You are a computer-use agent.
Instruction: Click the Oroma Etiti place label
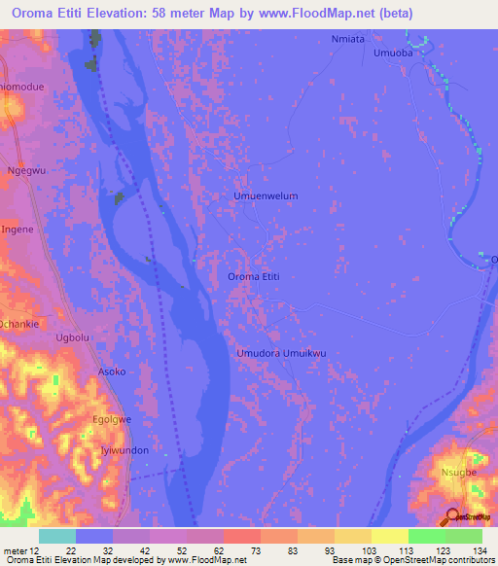(x=254, y=277)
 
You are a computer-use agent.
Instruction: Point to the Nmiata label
(x=347, y=39)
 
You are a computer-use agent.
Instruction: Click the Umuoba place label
(x=394, y=54)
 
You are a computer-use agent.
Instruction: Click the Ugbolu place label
(x=73, y=337)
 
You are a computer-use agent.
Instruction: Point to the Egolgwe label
(x=112, y=421)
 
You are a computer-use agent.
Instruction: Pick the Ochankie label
(x=19, y=323)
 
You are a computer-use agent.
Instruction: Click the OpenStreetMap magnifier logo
(x=453, y=516)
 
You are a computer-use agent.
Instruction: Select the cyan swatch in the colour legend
(x=57, y=536)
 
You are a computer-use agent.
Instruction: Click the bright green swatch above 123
(x=427, y=536)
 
